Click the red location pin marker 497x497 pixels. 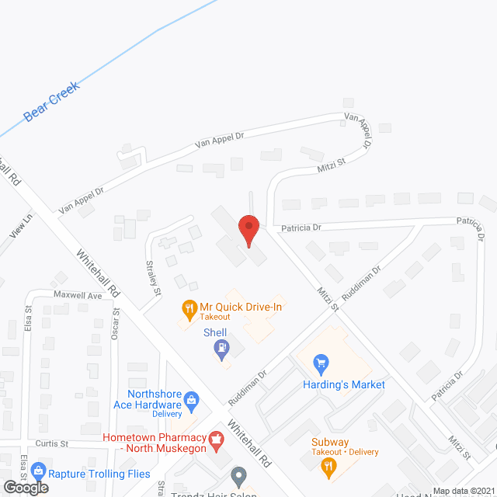248,231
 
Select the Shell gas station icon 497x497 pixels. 222,349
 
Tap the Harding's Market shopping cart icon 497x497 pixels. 320,363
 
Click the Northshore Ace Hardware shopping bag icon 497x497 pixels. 191,401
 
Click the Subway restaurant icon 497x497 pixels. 328,466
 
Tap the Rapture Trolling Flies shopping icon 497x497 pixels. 36,472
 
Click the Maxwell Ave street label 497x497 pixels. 78,296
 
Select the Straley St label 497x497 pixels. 153,277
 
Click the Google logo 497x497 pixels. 25,488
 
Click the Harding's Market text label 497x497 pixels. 344,384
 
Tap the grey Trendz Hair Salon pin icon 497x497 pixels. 239,474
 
